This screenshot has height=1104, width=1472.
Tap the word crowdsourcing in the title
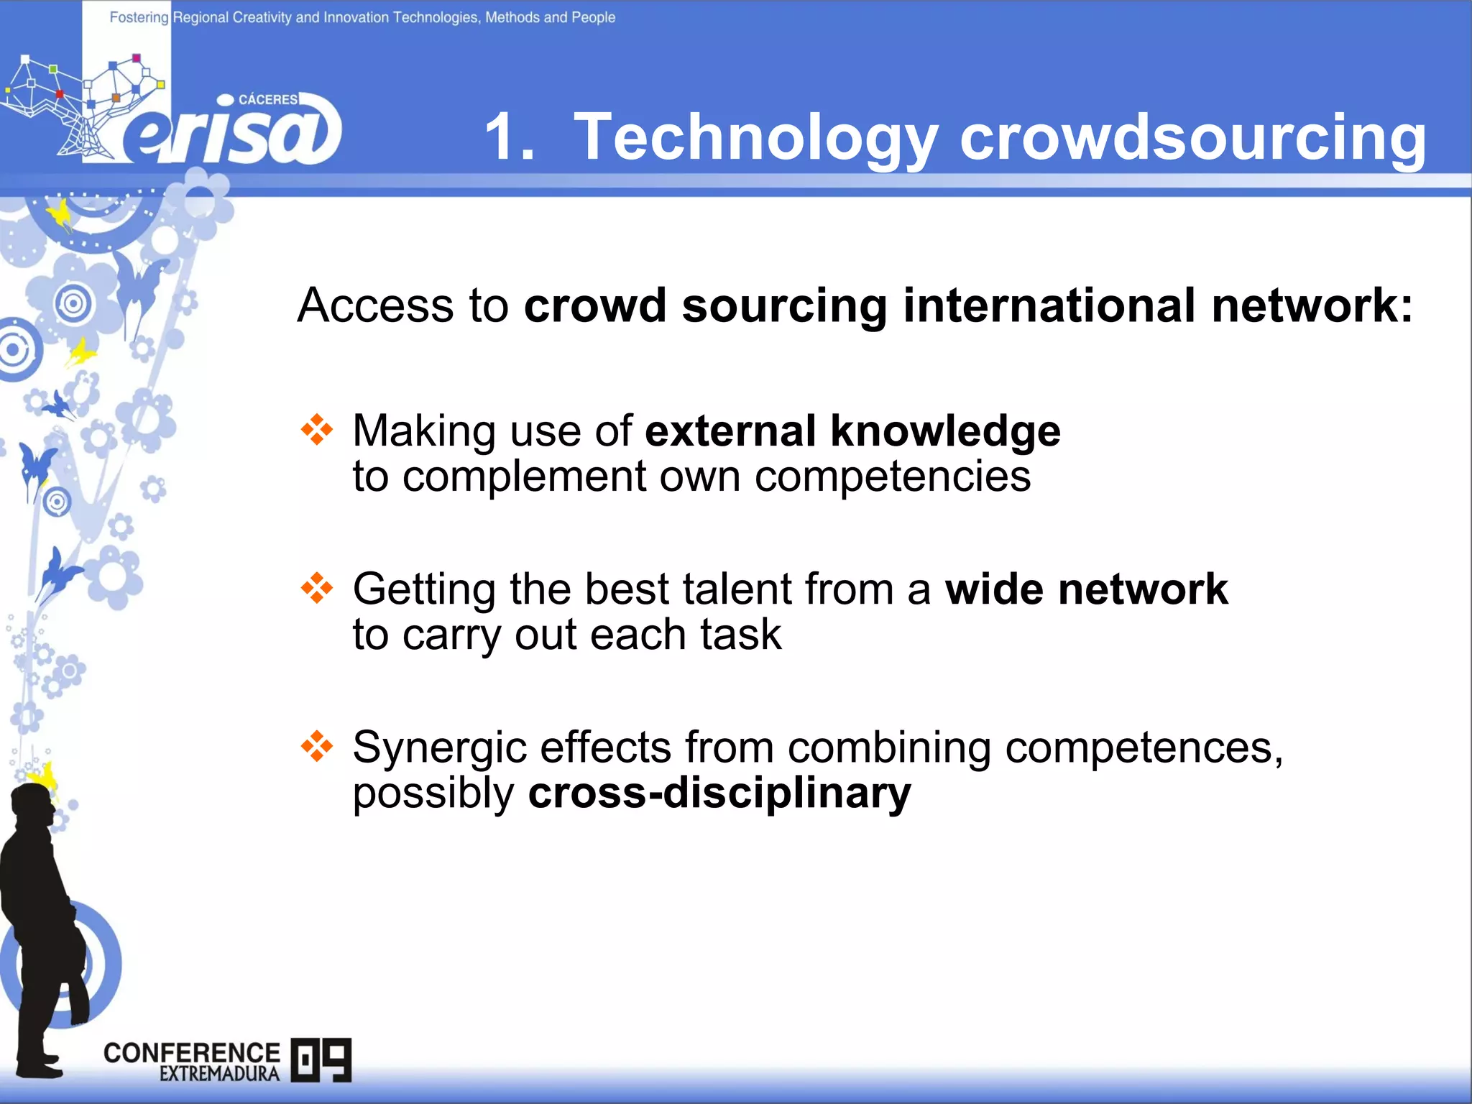[x=1193, y=138]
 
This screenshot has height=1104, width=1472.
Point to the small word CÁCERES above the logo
[x=267, y=99]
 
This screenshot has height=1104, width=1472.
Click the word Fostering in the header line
[x=139, y=17]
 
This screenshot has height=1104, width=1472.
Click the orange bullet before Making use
[x=317, y=431]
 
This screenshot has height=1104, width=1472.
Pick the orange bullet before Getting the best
[x=317, y=589]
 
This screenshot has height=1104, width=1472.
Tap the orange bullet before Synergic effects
[x=317, y=747]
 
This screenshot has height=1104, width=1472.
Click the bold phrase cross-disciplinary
[x=719, y=793]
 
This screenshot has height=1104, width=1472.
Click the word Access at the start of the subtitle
[x=375, y=305]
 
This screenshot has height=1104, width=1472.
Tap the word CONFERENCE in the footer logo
[x=191, y=1053]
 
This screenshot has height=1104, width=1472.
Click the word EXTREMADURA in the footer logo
[x=219, y=1074]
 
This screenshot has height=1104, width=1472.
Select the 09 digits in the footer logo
[x=321, y=1059]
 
